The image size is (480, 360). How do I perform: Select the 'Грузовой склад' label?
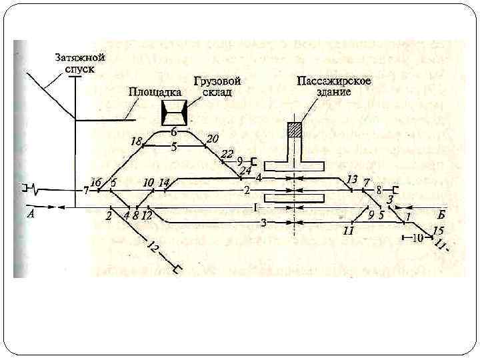point(217,86)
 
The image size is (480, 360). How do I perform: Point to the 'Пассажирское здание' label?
point(335,86)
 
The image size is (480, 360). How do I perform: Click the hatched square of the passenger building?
point(294,129)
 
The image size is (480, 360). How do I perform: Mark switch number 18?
point(137,142)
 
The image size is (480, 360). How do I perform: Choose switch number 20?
point(213,139)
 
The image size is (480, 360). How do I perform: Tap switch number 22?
point(227,155)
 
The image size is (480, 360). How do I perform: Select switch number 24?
point(245,171)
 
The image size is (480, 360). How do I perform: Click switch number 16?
point(95,183)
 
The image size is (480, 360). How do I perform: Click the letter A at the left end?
point(31,214)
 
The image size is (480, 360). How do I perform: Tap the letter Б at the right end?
point(442,214)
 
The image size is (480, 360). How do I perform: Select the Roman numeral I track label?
point(255,207)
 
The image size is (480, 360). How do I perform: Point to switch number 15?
point(438,231)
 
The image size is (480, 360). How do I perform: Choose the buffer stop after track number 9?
point(254,161)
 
